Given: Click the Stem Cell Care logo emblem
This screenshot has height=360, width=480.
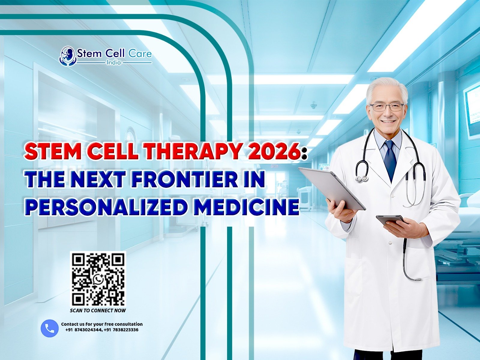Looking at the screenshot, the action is click(67, 56).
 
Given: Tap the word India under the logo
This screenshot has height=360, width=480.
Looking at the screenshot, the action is click(114, 62).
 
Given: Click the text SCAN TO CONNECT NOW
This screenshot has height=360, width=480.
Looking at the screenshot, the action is click(98, 310).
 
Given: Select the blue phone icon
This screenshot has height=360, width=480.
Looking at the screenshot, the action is click(49, 328).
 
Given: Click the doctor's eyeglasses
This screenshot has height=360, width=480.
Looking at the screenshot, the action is click(387, 107).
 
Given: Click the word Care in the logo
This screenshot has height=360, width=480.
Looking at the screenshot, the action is click(140, 54).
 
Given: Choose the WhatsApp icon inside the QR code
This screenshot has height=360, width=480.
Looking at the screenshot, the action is click(98, 279).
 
